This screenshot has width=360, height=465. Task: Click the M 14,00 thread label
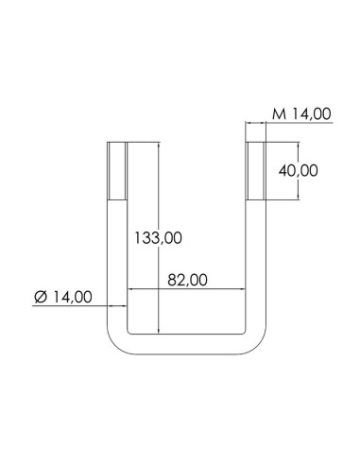click(x=300, y=113)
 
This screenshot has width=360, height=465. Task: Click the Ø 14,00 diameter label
click(x=62, y=297)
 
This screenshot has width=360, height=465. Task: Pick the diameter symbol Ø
click(x=40, y=297)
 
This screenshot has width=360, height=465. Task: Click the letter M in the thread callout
click(x=278, y=113)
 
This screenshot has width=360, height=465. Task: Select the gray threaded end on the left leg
click(x=115, y=171)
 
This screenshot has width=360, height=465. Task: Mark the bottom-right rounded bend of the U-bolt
click(x=255, y=338)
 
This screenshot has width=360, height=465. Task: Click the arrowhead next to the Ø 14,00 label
click(x=121, y=305)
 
